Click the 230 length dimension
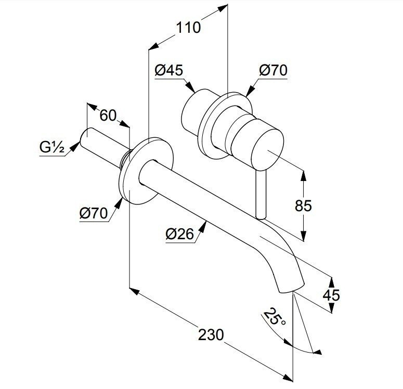(x=211, y=334)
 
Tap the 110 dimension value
(x=188, y=27)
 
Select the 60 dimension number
(x=108, y=115)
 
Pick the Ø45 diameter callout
(x=169, y=70)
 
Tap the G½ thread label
(x=51, y=149)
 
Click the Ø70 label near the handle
(x=273, y=70)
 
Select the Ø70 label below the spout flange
(x=94, y=213)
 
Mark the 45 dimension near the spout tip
(x=331, y=295)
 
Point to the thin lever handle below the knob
(x=260, y=195)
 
